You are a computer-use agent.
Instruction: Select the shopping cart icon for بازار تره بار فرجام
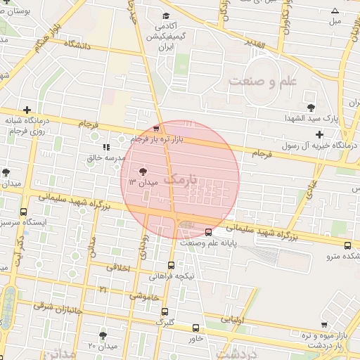[x=156, y=129]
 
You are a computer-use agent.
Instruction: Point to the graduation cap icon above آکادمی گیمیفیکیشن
[x=165, y=15]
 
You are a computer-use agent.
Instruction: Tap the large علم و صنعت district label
[x=263, y=81]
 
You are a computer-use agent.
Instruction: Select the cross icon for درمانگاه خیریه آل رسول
[x=319, y=134]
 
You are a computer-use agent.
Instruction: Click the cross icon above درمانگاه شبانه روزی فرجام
[x=27, y=110]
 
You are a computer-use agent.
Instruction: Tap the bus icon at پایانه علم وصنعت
[x=208, y=232]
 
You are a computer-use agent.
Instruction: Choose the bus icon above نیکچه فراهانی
[x=171, y=265]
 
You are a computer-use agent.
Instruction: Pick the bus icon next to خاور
[x=195, y=328]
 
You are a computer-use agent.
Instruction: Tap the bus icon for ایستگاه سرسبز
[x=23, y=212]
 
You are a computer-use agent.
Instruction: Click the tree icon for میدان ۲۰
[x=103, y=335]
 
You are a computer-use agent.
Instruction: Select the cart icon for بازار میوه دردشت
[x=323, y=325]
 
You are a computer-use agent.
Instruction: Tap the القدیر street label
[x=255, y=44]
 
